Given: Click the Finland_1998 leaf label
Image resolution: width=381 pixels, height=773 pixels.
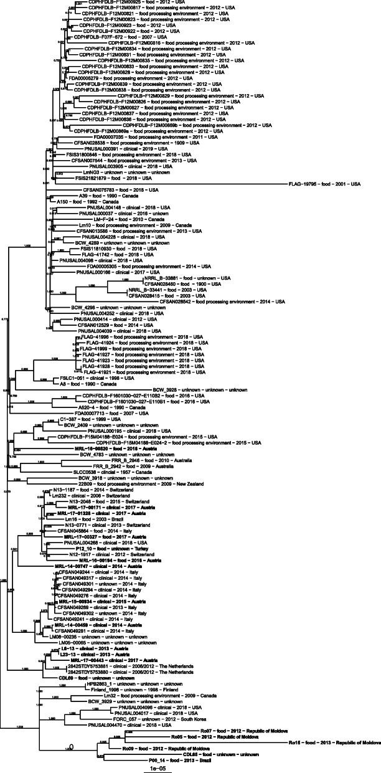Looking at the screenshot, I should tap(124, 689).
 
